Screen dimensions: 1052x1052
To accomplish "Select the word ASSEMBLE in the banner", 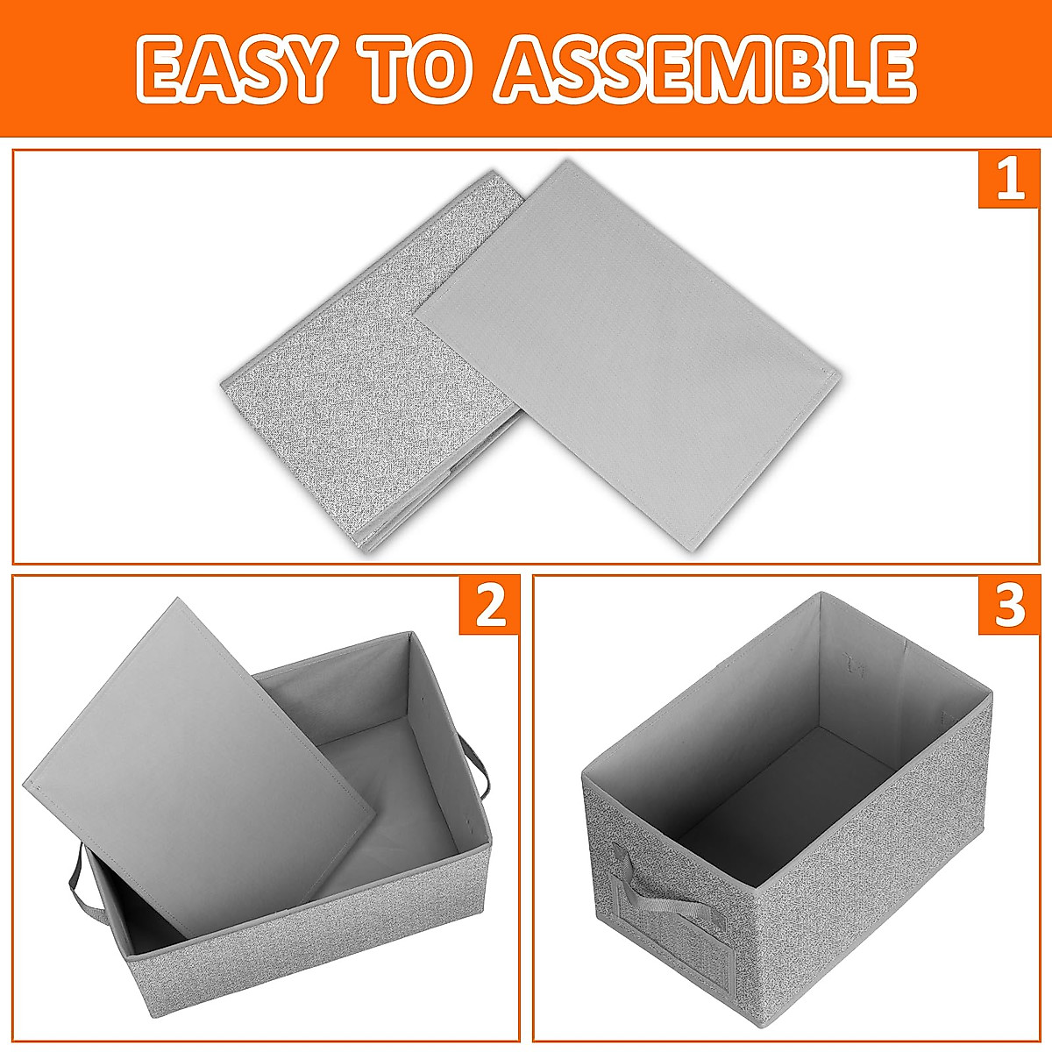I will coord(706,68).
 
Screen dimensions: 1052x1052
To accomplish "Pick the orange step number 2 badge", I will coord(489,605).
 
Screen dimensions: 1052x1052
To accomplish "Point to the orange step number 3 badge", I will coord(1009,605).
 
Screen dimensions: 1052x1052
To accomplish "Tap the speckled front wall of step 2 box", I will coord(307,964).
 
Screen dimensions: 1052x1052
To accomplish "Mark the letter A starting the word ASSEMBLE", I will coord(531,68).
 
